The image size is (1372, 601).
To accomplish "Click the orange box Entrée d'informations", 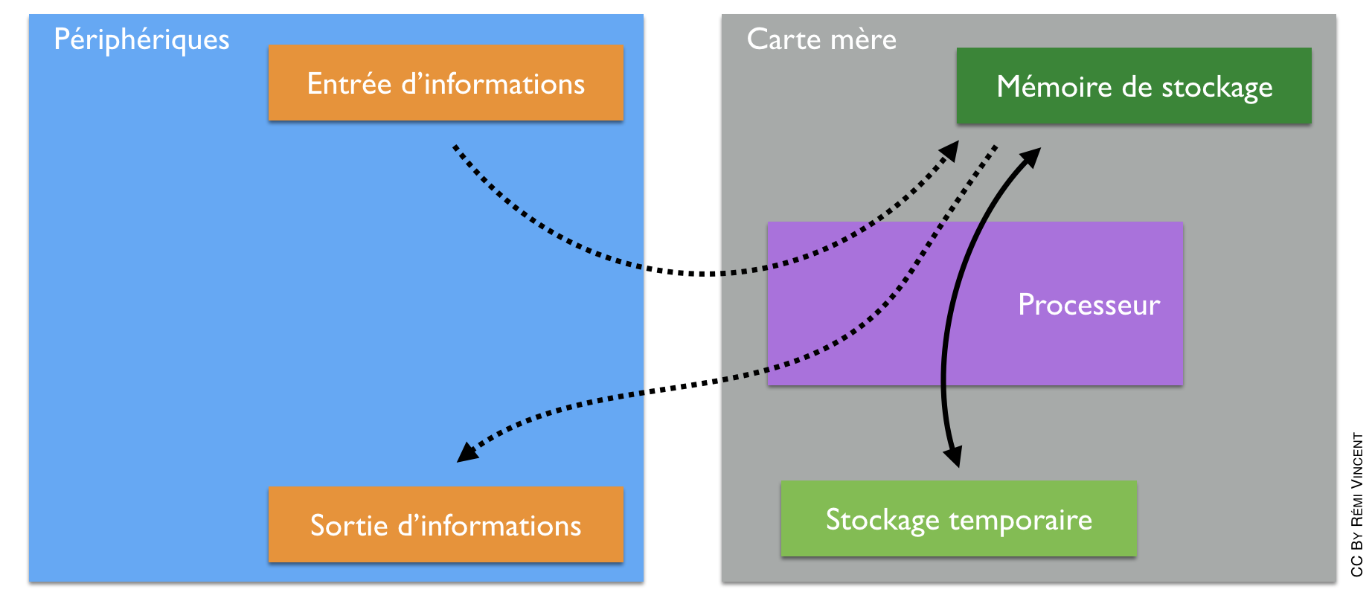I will pos(445,83).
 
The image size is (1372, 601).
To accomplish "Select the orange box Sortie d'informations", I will pos(445,524).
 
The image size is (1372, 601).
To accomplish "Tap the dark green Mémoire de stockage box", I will pos(1133,86).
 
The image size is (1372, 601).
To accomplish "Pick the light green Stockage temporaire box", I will pos(958,518).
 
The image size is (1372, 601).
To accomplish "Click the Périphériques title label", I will pos(141,39).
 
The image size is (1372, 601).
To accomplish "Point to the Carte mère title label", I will pos(821,39).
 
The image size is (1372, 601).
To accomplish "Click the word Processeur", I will pos(1089,305).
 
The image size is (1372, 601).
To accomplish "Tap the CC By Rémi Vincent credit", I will pos(1357,504).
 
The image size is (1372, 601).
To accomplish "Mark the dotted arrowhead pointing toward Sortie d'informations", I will pos(467,452).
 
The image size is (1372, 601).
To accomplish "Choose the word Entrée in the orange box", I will pos(349,83).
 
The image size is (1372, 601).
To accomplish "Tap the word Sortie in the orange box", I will pos(349,525).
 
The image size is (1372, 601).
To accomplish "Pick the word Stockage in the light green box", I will pos(882,520).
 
